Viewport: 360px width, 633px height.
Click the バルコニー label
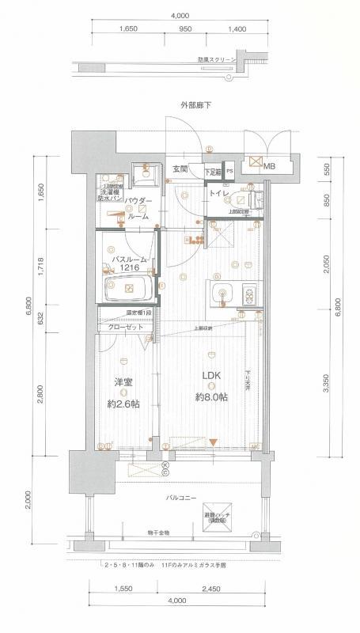coord(181,498)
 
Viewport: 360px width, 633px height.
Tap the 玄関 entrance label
coord(180,169)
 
